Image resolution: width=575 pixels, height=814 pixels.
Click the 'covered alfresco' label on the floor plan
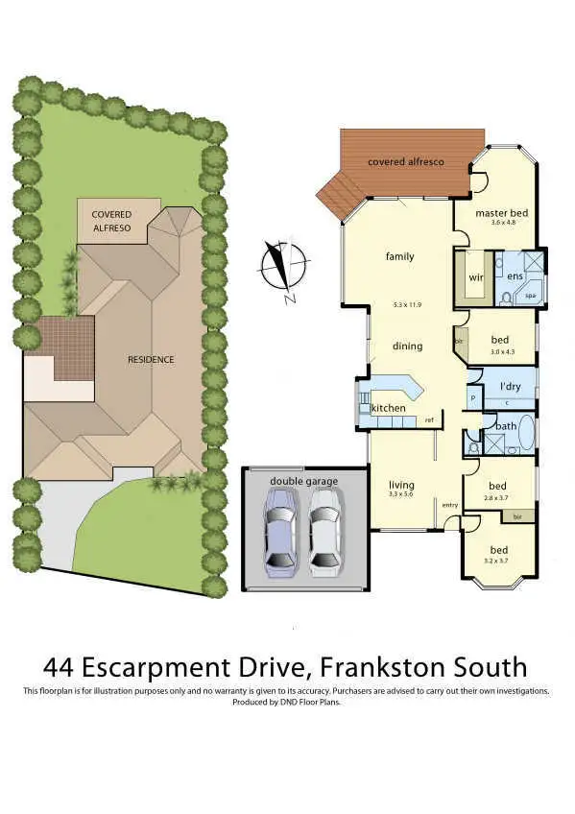405,163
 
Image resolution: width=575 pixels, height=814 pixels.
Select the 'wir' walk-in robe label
474,277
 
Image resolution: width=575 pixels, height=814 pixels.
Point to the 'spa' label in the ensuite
530,297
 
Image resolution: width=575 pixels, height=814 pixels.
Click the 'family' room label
399,256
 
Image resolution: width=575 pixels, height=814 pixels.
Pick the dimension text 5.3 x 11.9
407,304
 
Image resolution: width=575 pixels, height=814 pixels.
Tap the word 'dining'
407,346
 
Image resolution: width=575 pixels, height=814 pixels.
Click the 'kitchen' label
388,409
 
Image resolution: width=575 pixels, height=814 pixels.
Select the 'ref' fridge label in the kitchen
429,420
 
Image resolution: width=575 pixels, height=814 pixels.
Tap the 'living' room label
400,485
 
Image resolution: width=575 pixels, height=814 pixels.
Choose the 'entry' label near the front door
449,505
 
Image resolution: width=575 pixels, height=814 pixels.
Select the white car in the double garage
324,531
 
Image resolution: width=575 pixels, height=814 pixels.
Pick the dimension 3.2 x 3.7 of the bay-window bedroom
497,560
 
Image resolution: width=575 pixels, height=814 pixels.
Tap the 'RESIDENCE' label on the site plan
151,360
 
